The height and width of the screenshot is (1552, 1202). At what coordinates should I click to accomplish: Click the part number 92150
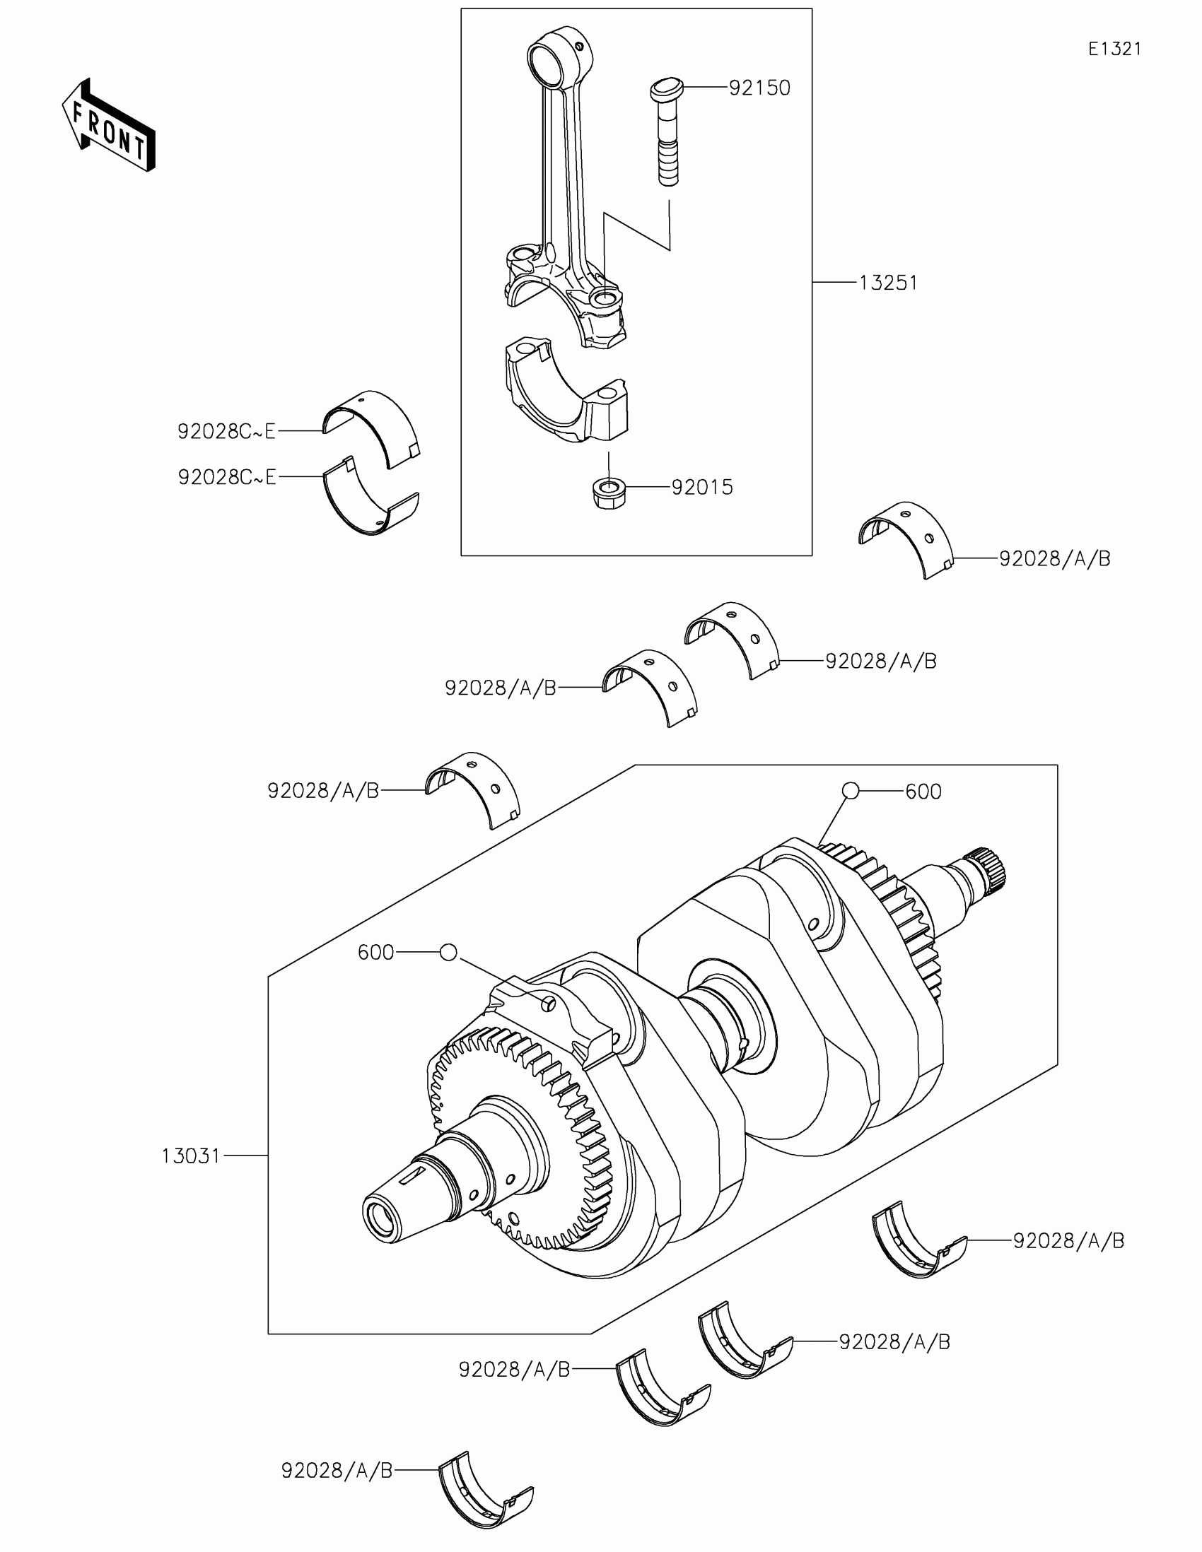pos(759,88)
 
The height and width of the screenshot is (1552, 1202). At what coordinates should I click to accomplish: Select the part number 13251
pos(888,283)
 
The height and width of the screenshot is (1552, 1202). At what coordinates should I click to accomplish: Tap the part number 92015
pos(701,488)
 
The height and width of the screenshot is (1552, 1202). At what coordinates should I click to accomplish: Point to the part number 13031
pos(190,1156)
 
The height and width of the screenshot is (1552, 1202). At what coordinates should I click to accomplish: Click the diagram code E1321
pos(1114,49)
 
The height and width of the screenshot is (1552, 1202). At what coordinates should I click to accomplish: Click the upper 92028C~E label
pos(226,431)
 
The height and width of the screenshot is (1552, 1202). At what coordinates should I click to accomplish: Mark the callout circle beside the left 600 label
pos(448,952)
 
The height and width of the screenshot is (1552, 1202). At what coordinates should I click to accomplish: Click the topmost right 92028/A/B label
pos(1054,558)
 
